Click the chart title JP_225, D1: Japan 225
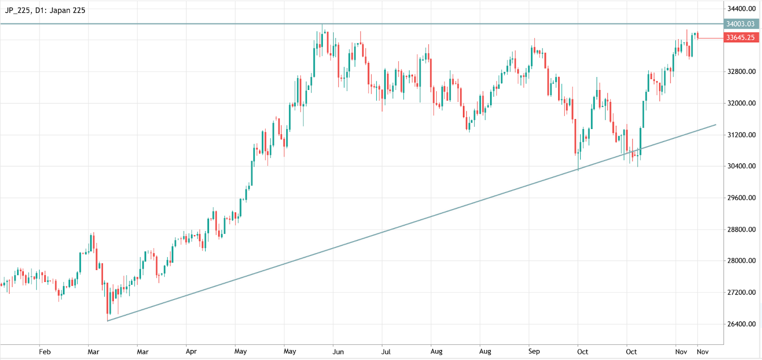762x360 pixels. (45, 10)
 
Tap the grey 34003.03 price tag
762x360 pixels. (740, 24)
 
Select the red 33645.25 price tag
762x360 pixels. (740, 38)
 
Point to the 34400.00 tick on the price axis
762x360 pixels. (741, 9)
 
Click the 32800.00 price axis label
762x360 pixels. (741, 71)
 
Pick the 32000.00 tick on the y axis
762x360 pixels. (741, 103)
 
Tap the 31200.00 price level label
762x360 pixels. (741, 135)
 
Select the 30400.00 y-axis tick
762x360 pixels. (741, 166)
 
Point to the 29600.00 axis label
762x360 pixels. (741, 198)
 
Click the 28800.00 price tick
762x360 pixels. (741, 229)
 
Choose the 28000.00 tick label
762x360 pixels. (741, 260)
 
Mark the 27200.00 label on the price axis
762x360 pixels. (741, 292)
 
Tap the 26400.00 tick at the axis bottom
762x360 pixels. (741, 324)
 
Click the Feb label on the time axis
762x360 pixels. (45, 351)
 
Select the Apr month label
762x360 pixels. (191, 351)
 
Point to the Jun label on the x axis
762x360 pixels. (338, 351)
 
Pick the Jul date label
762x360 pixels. (386, 351)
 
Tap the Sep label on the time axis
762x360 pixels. (534, 351)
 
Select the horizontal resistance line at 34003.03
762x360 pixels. (190, 24)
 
